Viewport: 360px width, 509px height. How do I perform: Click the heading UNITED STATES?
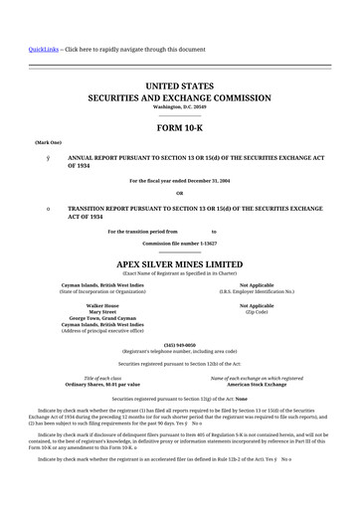pyautogui.click(x=179, y=88)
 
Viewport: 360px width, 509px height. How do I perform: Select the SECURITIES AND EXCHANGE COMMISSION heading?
pyautogui.click(x=179, y=100)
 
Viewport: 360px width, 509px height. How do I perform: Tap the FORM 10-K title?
pyautogui.click(x=179, y=129)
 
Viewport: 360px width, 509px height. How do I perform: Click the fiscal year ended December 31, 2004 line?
pyautogui.click(x=179, y=180)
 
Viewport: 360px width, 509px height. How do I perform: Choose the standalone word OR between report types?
pyautogui.click(x=179, y=193)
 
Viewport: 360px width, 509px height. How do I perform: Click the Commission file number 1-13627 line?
pyautogui.click(x=179, y=243)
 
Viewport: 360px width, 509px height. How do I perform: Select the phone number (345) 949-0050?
pyautogui.click(x=179, y=345)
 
